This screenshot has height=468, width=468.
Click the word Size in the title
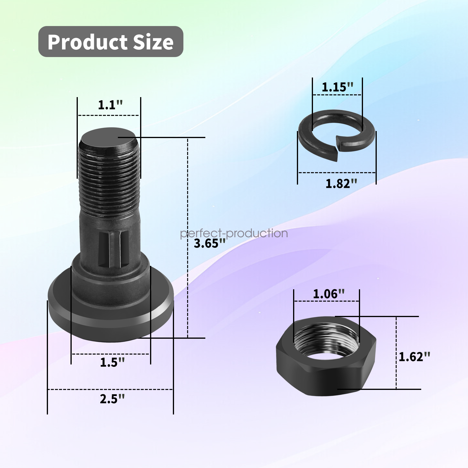(x=152, y=42)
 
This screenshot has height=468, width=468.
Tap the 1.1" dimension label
(x=110, y=105)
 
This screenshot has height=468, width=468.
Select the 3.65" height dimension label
(x=210, y=243)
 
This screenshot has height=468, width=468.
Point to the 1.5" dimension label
(x=112, y=362)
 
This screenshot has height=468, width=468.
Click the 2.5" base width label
(x=112, y=399)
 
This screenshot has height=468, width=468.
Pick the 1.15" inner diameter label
(x=337, y=87)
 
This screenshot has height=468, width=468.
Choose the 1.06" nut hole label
(x=328, y=294)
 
